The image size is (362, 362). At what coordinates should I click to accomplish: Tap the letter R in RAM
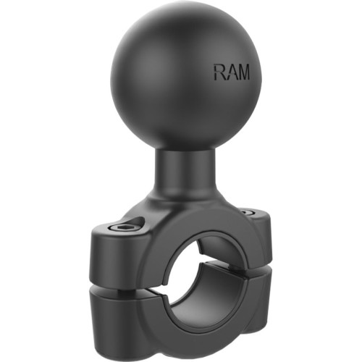[x=219, y=72]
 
